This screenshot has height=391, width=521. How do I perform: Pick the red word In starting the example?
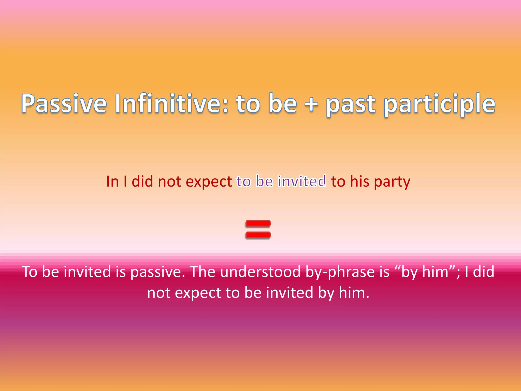pos(112,181)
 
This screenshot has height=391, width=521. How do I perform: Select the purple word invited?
pos(302,181)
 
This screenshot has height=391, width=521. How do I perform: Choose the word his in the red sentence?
pos(359,181)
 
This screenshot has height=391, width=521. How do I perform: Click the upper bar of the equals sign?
pos(258,224)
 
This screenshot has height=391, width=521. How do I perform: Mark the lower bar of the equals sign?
pos(258,235)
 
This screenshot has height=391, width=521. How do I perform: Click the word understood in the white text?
pos(260,272)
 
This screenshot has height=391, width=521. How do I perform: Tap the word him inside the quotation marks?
pos(435,272)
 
